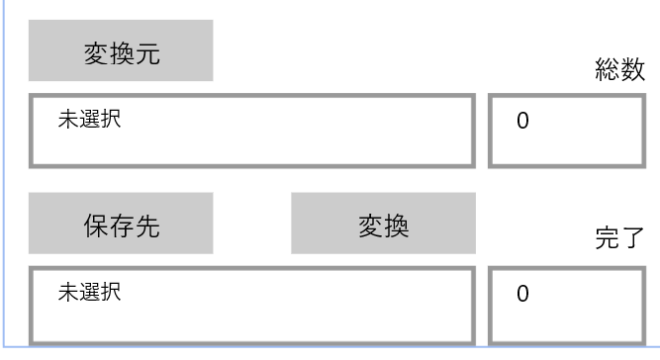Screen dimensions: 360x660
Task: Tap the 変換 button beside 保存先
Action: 383,225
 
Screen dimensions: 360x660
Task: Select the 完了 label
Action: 619,239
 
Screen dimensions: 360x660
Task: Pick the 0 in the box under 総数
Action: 522,123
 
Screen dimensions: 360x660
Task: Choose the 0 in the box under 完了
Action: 522,294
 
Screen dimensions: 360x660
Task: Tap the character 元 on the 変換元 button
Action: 147,55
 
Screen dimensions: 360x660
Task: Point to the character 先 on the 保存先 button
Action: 147,225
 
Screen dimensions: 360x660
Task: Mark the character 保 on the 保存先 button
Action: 94,225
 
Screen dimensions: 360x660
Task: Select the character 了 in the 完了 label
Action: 632,239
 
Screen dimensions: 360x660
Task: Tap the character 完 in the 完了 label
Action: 607,239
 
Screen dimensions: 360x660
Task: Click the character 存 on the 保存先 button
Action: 121,225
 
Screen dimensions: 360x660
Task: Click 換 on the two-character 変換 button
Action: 397,225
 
